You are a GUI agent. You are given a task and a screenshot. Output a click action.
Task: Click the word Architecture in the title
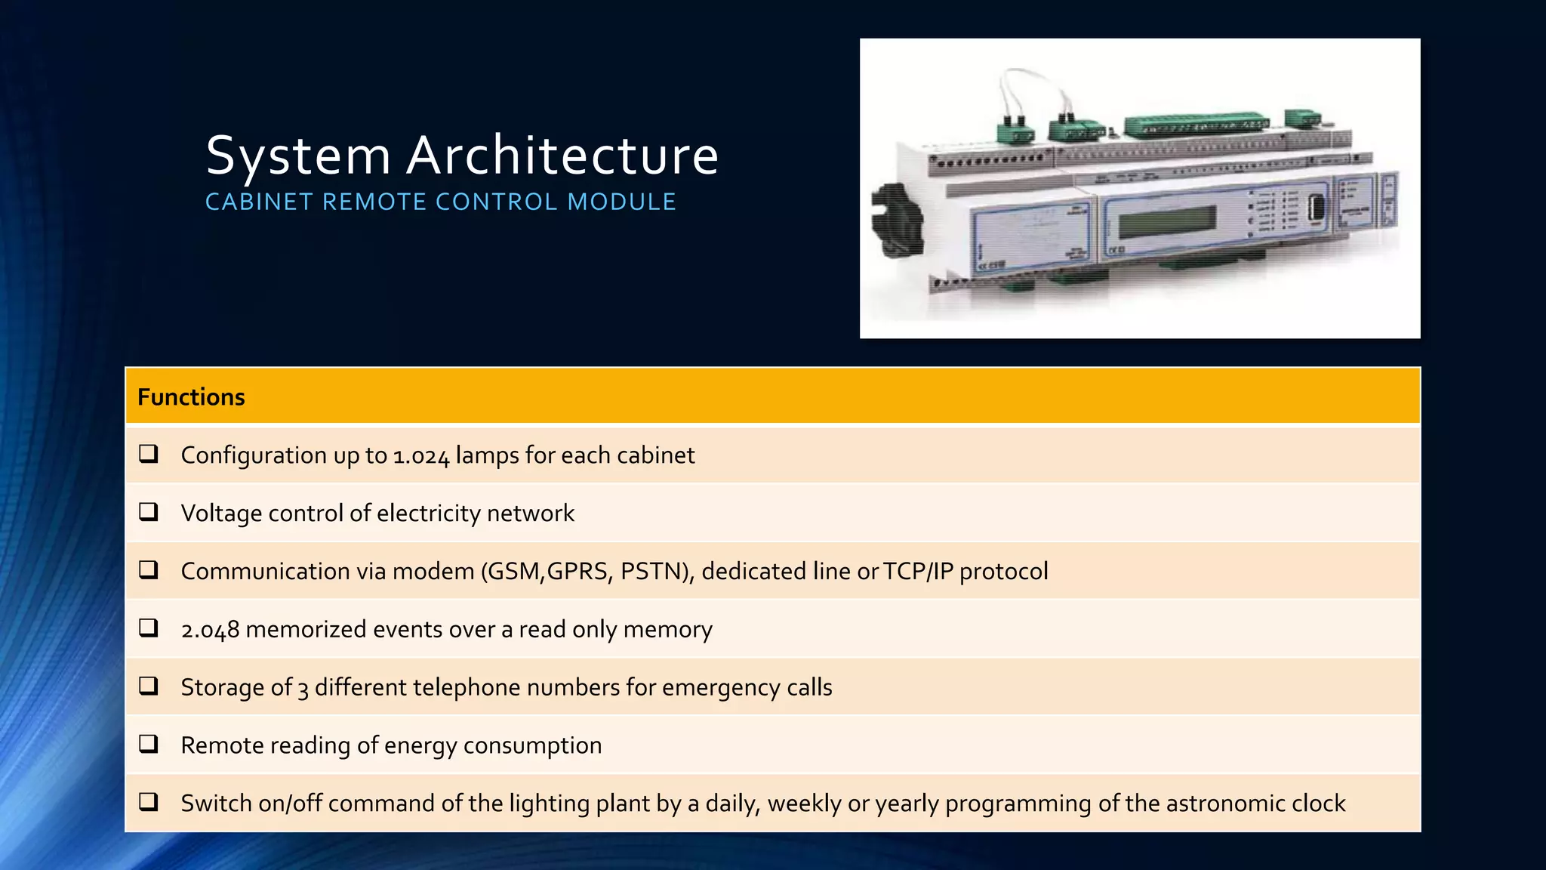pos(562,156)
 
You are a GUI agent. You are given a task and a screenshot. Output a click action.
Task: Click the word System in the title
pos(298,156)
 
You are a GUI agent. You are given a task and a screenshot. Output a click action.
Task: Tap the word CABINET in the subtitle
pos(259,202)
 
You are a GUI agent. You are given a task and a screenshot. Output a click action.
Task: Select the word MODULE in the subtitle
pos(621,202)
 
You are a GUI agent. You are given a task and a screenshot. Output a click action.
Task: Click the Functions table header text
pos(191,397)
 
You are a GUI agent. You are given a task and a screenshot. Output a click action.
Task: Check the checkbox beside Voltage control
pos(149,512)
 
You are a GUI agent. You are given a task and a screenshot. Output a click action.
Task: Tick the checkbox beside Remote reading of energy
pos(149,744)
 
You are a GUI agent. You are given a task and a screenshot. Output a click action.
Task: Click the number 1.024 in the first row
pos(421,456)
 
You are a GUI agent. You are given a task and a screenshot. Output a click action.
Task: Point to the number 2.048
pos(210,630)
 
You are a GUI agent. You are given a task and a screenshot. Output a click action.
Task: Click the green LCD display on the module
pos(1166,221)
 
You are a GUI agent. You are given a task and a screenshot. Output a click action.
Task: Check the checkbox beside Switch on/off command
pos(149,802)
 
